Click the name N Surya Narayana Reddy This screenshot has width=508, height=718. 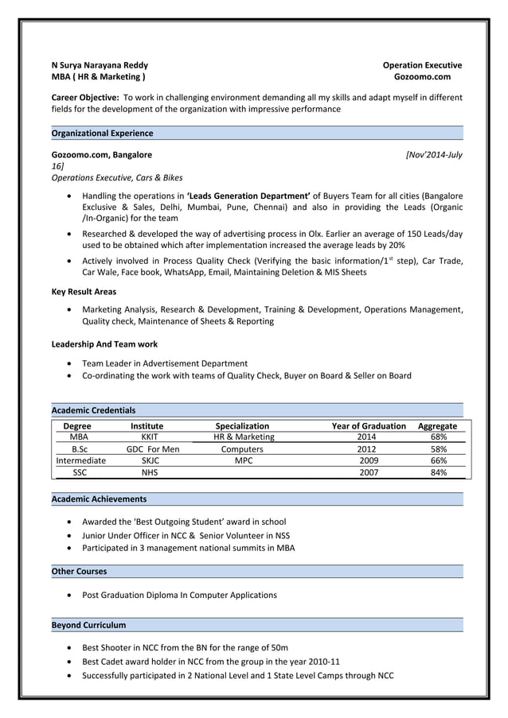tap(100, 65)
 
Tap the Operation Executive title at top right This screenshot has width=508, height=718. tap(422, 65)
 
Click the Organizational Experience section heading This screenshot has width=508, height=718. tap(102, 133)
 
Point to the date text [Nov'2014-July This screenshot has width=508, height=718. tap(433, 154)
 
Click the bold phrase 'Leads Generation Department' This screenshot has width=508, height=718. tap(248, 196)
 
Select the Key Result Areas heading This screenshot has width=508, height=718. tap(84, 292)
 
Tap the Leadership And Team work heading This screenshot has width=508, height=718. tap(104, 344)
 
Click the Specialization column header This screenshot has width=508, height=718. tap(243, 426)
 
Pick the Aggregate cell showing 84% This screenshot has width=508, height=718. tap(438, 472)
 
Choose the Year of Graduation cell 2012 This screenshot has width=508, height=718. tap(368, 449)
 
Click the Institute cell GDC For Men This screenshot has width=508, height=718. tap(153, 449)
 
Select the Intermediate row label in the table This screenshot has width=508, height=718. tap(80, 460)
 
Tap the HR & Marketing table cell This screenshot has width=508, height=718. tap(244, 437)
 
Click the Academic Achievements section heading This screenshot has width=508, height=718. tap(99, 499)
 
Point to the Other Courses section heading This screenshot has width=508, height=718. tap(79, 571)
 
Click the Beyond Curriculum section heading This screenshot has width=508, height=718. tap(88, 625)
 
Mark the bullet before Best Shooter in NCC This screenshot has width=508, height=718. tap(73, 647)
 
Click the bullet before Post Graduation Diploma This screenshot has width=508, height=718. tap(73, 595)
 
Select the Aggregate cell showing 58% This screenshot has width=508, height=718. tap(438, 449)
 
